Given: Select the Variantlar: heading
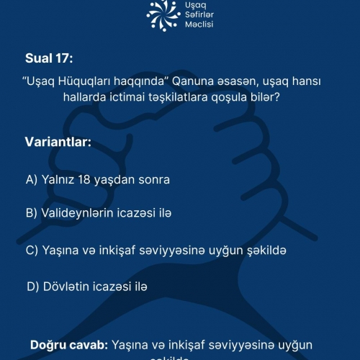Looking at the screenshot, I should coord(58,142).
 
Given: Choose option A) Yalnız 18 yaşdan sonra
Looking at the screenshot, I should coord(92,179).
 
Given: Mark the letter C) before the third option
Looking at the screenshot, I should coord(32,250).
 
